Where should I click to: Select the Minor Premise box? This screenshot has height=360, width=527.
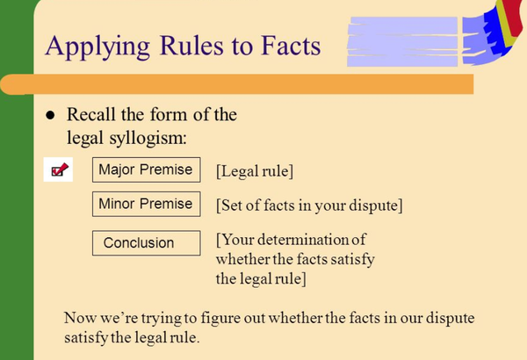[x=145, y=205]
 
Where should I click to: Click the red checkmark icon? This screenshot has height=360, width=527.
[x=59, y=170]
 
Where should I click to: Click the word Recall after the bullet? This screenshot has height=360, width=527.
[x=93, y=115]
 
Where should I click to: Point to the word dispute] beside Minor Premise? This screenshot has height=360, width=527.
[x=377, y=206]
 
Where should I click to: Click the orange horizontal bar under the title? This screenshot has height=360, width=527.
[x=237, y=84]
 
